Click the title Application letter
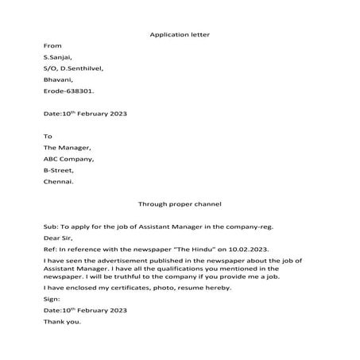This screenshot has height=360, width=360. [x=179, y=35]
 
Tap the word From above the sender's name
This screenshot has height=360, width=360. [x=52, y=46]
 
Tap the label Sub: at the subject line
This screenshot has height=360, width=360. [x=51, y=226]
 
